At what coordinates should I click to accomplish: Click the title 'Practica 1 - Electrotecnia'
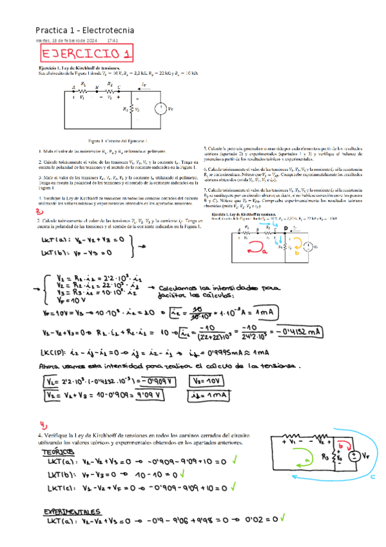(x=84, y=30)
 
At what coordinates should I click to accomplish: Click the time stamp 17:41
(x=112, y=41)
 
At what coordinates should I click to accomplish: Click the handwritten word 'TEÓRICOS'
(x=59, y=453)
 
